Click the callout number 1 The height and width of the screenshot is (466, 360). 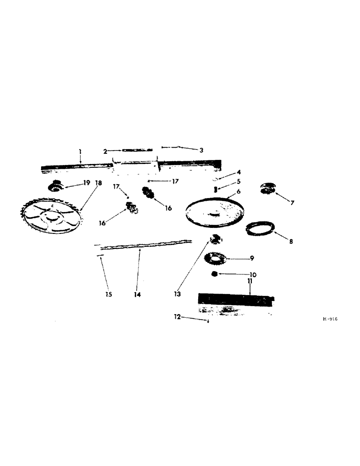(x=80, y=151)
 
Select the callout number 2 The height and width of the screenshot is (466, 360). (x=105, y=151)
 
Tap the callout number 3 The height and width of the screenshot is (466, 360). (x=201, y=150)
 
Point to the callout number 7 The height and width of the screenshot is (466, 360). (x=292, y=203)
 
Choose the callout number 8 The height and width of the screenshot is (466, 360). (x=291, y=242)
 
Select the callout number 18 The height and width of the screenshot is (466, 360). (x=98, y=183)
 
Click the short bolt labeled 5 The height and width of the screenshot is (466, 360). (x=215, y=189)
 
